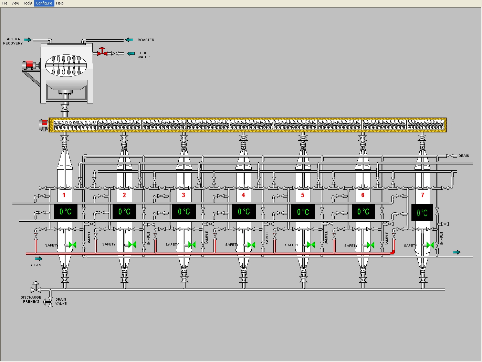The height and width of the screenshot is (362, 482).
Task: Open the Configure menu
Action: pyautogui.click(x=44, y=3)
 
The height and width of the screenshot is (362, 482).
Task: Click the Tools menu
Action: pyautogui.click(x=28, y=3)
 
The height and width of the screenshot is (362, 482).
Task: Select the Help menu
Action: pyautogui.click(x=60, y=3)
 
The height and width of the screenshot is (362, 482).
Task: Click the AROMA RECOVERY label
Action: pyautogui.click(x=13, y=41)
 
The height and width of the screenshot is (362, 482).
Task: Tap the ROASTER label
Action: pyautogui.click(x=146, y=40)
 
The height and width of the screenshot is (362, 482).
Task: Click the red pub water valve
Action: pyautogui.click(x=102, y=52)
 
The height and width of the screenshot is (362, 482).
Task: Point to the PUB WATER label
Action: pyautogui.click(x=144, y=55)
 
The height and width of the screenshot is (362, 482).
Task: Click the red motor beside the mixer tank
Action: pyautogui.click(x=28, y=65)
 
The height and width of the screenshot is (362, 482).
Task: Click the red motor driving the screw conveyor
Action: pyautogui.click(x=44, y=125)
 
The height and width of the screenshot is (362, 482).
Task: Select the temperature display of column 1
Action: pyautogui.click(x=65, y=211)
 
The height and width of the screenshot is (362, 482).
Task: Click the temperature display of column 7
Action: pyautogui.click(x=422, y=213)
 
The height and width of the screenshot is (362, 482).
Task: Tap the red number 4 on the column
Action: pyautogui.click(x=243, y=195)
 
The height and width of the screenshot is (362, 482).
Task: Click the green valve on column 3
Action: pyautogui.click(x=192, y=245)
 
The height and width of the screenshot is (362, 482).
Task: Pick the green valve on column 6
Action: pyautogui.click(x=370, y=245)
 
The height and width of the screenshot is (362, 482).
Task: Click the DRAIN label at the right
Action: pyautogui.click(x=463, y=156)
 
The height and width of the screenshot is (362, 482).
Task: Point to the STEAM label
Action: pyautogui.click(x=35, y=265)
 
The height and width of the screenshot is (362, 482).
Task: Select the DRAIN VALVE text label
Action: pyautogui.click(x=61, y=302)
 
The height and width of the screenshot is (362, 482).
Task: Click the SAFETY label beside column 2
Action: pyautogui.click(x=109, y=244)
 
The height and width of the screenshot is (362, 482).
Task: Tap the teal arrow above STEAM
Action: pyautogui.click(x=39, y=259)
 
